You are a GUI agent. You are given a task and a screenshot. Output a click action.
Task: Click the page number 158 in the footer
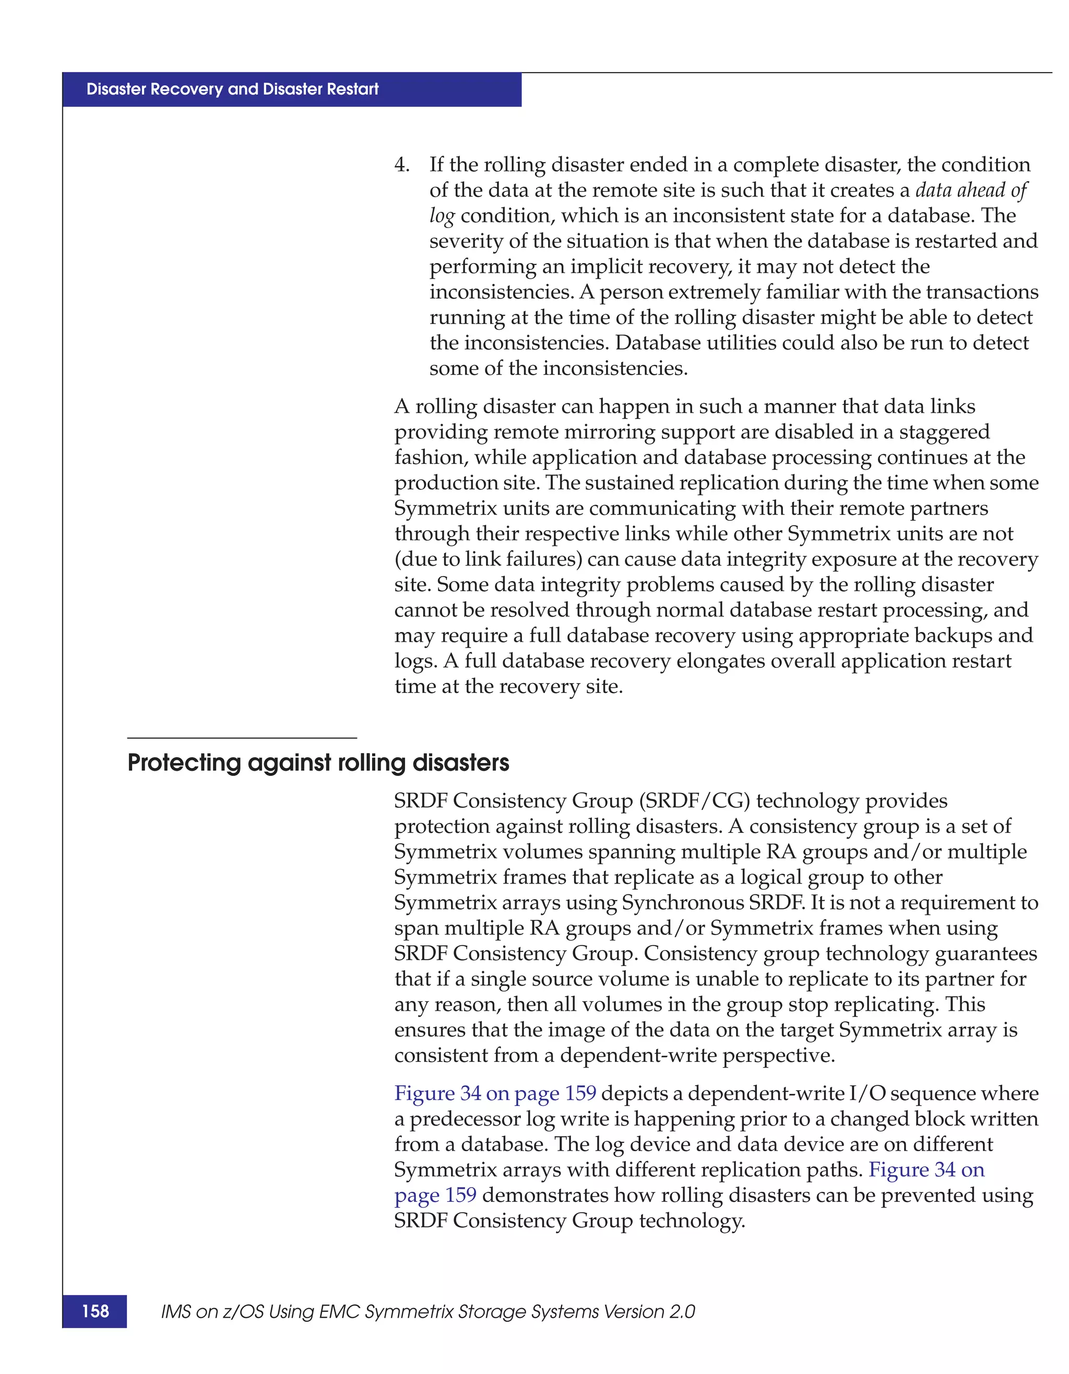tap(95, 1311)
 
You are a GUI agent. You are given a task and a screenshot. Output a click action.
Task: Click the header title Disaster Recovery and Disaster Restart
tap(232, 89)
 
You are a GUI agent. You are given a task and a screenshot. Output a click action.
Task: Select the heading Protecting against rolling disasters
tap(318, 762)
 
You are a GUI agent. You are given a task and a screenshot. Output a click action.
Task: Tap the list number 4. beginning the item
tap(401, 165)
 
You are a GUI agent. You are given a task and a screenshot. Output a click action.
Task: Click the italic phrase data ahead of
tap(970, 190)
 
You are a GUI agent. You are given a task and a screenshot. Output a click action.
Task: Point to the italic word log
tap(441, 217)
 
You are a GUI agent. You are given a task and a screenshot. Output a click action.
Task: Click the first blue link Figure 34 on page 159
tap(494, 1093)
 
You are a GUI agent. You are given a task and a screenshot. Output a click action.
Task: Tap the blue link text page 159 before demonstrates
tap(435, 1194)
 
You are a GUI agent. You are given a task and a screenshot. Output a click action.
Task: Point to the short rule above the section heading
tap(242, 737)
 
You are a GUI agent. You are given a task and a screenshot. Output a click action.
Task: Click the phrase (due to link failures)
tap(488, 559)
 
